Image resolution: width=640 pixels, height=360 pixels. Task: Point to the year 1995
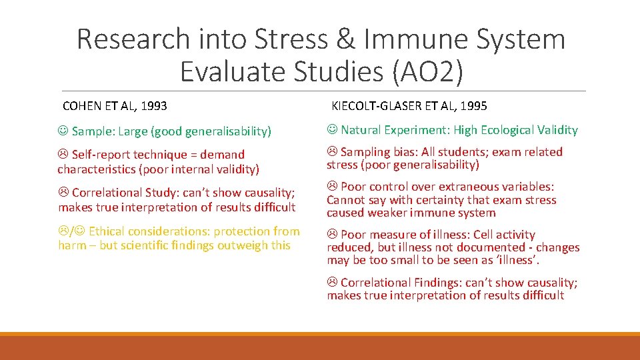click(x=473, y=106)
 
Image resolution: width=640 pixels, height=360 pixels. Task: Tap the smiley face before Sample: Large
click(x=63, y=131)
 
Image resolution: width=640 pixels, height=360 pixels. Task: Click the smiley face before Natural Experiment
click(x=332, y=130)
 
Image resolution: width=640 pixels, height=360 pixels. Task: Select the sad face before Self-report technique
click(x=63, y=155)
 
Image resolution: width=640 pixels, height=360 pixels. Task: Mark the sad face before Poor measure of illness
click(x=332, y=235)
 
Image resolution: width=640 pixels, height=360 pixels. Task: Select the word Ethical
click(x=110, y=231)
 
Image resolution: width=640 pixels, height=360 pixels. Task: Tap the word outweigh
click(x=246, y=245)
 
